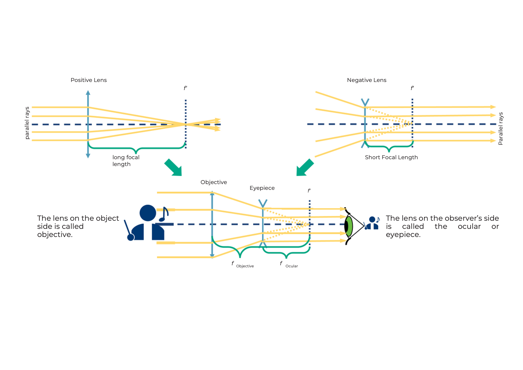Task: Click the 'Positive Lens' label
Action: click(x=89, y=80)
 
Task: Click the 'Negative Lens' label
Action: click(x=366, y=80)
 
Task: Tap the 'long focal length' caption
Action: click(x=126, y=161)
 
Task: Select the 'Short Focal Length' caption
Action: click(x=391, y=157)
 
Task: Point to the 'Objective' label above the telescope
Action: click(x=214, y=182)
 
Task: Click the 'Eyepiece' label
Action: click(x=262, y=188)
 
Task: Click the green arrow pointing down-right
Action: click(x=173, y=168)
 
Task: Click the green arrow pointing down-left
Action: click(x=304, y=168)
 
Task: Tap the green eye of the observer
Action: click(x=349, y=226)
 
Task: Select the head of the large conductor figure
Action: click(x=148, y=213)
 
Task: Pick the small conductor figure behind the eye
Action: click(x=372, y=223)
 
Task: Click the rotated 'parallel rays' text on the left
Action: click(x=27, y=123)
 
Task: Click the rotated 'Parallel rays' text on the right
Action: click(x=501, y=129)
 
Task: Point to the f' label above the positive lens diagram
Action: click(x=185, y=88)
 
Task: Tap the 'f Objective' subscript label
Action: click(x=243, y=264)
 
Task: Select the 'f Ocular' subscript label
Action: click(x=289, y=264)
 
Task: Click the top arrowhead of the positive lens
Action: click(x=88, y=93)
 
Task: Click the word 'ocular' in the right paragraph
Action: click(x=469, y=227)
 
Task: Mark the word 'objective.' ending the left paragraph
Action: click(x=55, y=235)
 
